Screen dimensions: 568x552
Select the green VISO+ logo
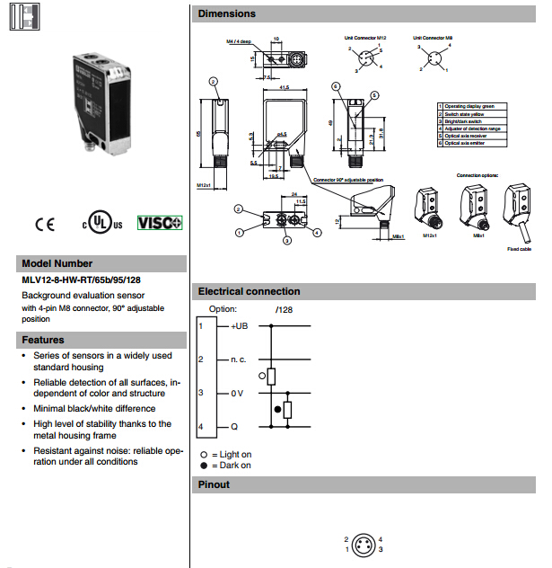click(x=160, y=223)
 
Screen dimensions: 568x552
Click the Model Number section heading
click(x=57, y=263)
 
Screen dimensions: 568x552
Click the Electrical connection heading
click(x=249, y=291)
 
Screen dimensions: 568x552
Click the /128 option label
click(x=285, y=309)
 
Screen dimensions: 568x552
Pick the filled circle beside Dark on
click(x=204, y=466)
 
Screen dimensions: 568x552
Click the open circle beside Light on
click(x=204, y=454)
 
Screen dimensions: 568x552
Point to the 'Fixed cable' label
click(x=519, y=248)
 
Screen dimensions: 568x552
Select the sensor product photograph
click(x=105, y=103)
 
